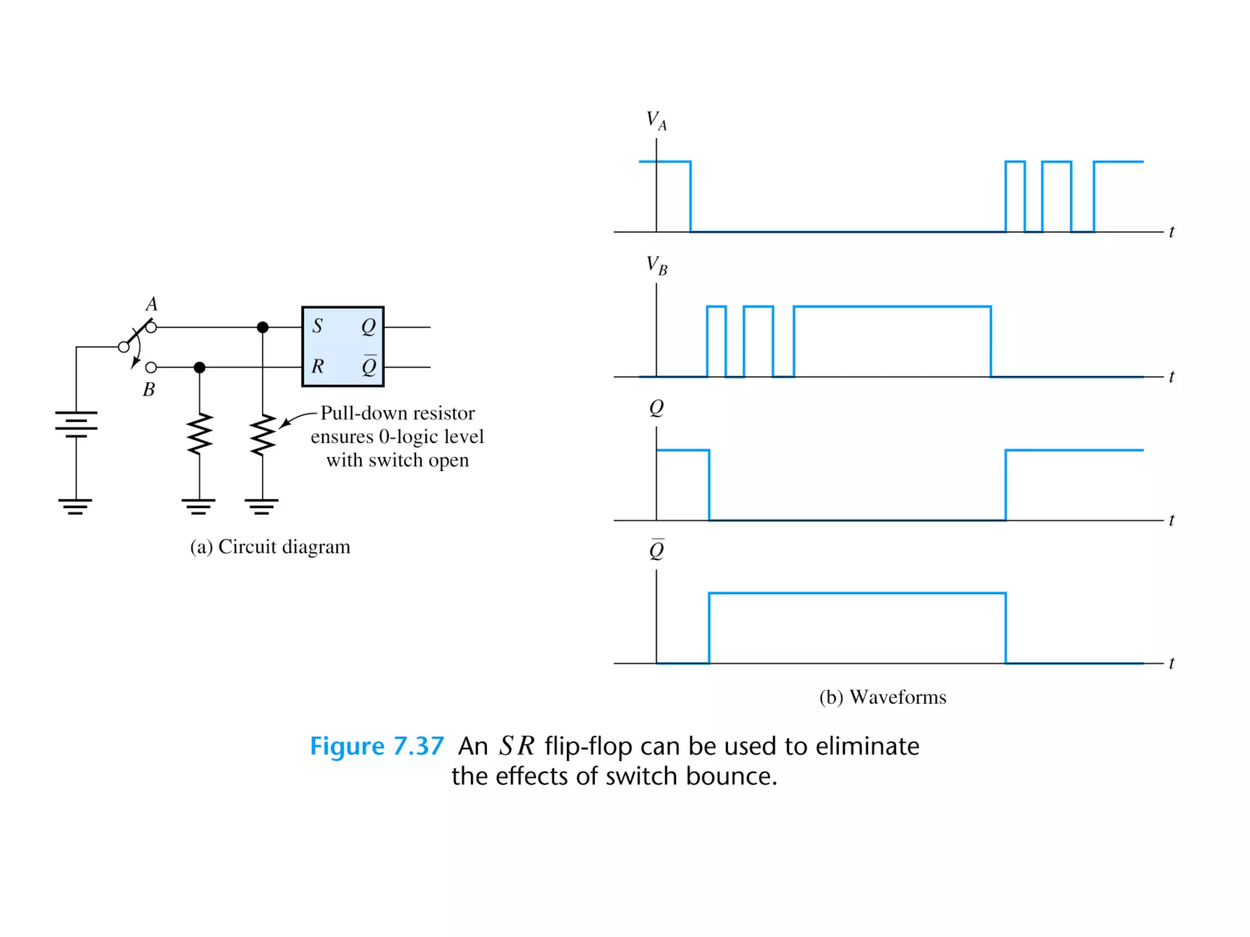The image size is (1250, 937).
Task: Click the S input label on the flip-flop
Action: (317, 326)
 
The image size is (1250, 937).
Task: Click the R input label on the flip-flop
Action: (317, 366)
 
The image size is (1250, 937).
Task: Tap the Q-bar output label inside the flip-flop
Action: (369, 366)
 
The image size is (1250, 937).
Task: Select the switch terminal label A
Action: (151, 304)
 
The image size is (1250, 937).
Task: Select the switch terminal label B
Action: (148, 389)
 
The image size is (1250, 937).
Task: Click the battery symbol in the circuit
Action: (76, 424)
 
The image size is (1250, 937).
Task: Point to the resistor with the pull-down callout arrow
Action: (262, 435)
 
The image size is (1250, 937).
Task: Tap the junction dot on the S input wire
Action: (262, 328)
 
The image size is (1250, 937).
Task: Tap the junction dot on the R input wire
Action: (200, 367)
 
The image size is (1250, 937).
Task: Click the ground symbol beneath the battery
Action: (76, 506)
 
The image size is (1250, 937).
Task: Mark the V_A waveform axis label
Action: (656, 120)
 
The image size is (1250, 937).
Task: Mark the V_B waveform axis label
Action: (656, 265)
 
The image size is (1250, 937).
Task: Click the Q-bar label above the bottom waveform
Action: (657, 550)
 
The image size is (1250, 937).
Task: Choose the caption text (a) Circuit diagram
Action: (270, 547)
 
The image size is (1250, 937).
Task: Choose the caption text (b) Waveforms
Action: (883, 697)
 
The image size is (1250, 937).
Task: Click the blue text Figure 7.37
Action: (377, 746)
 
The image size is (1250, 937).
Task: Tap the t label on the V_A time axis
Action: (1171, 232)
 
